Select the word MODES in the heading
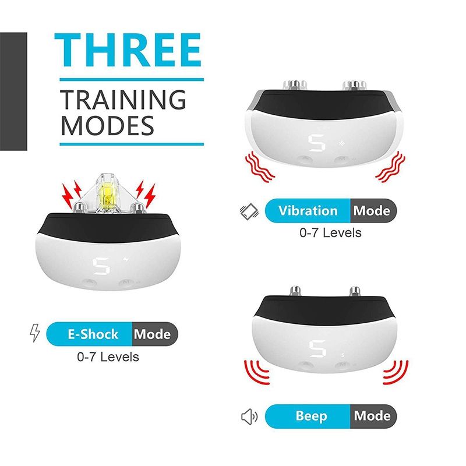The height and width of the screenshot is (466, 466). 108,126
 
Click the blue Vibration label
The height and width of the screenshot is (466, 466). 308,210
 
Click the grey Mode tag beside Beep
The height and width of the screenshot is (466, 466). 372,416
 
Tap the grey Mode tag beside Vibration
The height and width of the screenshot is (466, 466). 372,210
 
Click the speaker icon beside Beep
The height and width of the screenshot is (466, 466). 249,416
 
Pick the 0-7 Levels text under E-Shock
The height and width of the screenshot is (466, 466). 108,356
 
